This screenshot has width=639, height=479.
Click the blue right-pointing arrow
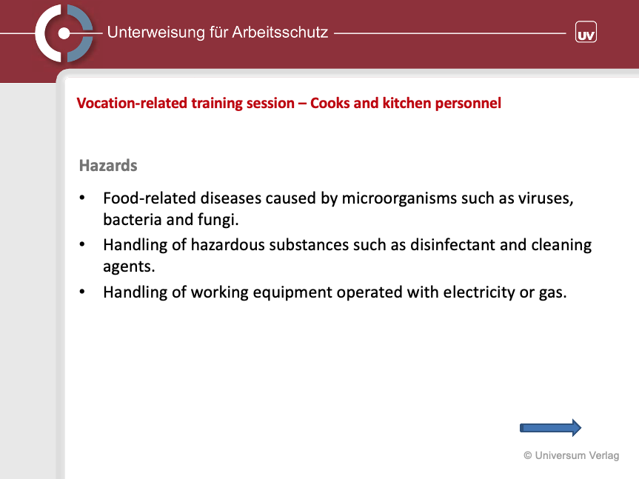click(550, 428)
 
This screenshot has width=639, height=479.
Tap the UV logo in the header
click(586, 32)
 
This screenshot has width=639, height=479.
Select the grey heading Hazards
click(108, 166)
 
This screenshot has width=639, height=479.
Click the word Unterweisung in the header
click(155, 32)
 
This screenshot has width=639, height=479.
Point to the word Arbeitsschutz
click(280, 32)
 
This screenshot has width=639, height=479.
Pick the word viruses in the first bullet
click(546, 198)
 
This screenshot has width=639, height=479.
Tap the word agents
click(129, 267)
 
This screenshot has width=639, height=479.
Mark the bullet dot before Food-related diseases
click(82, 198)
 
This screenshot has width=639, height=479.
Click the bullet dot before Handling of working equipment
click(82, 292)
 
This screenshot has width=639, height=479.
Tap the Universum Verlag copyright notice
click(572, 455)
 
